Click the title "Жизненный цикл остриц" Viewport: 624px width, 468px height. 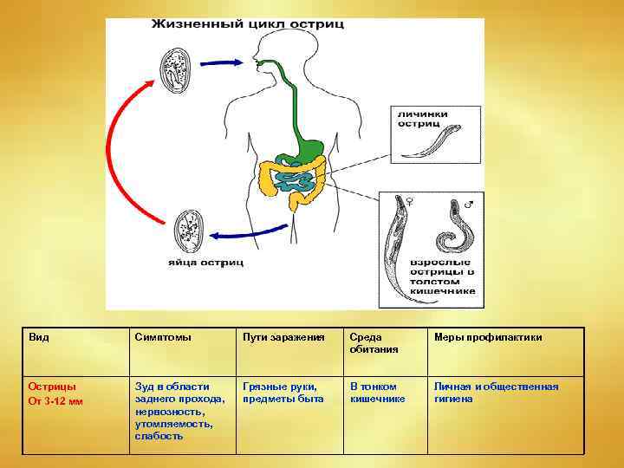tap(247, 23)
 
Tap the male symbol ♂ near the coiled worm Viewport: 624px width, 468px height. tap(470, 205)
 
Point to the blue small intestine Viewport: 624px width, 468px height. tap(295, 180)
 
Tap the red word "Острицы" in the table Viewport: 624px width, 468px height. tap(52, 387)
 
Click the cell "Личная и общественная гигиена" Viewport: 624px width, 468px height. tap(496, 393)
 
